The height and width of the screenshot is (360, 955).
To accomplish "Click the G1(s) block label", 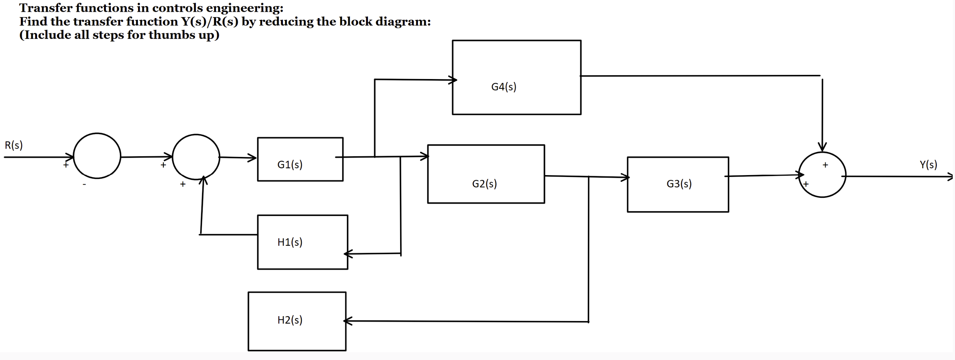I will click(x=290, y=164).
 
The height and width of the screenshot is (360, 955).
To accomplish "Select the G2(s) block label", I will click(x=484, y=184).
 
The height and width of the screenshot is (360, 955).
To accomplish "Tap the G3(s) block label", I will click(x=679, y=184).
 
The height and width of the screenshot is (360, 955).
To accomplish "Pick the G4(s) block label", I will click(x=503, y=87).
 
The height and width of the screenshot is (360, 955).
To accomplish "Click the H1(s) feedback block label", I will click(x=290, y=242).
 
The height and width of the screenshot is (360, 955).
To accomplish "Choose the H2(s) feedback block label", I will click(x=290, y=320).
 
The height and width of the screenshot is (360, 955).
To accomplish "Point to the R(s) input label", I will click(x=14, y=145).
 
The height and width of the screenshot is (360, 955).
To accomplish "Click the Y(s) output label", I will click(x=928, y=164).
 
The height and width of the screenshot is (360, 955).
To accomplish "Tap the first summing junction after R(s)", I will click(x=97, y=156).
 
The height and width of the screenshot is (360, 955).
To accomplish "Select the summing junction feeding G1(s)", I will click(x=196, y=157).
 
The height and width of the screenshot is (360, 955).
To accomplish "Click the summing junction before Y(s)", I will click(x=822, y=175).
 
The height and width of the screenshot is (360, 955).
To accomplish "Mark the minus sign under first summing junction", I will click(x=85, y=185).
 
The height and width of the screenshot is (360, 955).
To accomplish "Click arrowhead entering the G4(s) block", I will click(x=453, y=80).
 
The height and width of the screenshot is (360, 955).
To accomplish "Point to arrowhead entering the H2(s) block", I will click(x=348, y=321).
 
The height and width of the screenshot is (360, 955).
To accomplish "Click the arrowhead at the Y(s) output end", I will click(x=950, y=177).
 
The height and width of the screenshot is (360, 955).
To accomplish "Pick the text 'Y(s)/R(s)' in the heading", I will click(x=210, y=22).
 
